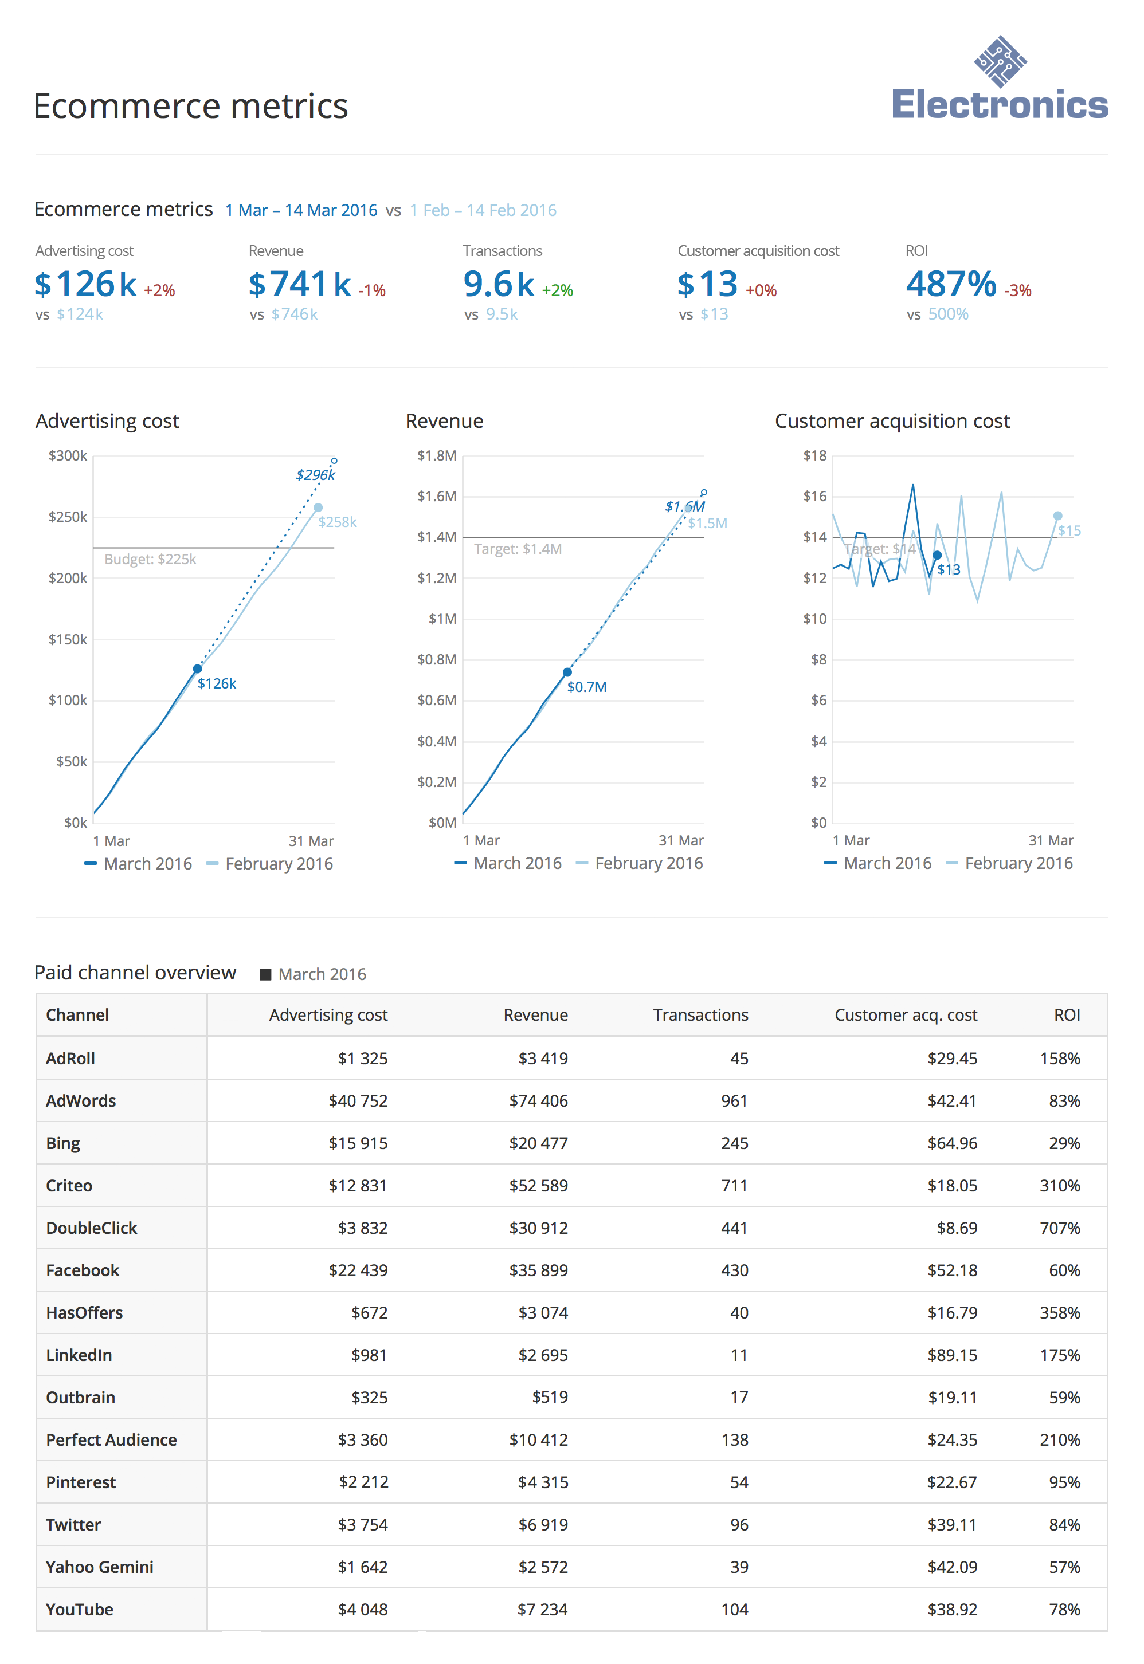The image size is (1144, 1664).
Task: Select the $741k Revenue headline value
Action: pos(300,284)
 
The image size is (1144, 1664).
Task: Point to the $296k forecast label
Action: pos(315,475)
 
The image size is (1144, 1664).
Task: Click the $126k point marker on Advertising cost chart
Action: pos(197,669)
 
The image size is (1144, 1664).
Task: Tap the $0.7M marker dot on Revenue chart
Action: pos(567,672)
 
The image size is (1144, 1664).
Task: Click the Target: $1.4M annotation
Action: pos(518,549)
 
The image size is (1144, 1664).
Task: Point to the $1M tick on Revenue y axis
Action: pos(442,619)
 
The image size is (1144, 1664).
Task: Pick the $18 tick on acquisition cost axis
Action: pos(814,455)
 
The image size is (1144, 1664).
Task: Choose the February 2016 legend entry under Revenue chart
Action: pos(648,864)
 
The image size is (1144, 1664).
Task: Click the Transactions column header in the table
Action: pos(700,1015)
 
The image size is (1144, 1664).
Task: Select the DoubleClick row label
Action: pos(91,1228)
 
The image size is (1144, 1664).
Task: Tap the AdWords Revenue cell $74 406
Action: pos(538,1101)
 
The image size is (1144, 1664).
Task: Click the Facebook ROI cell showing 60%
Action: pos(1064,1270)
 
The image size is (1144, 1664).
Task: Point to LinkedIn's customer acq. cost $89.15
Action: pos(952,1355)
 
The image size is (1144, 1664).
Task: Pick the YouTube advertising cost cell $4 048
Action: pos(362,1610)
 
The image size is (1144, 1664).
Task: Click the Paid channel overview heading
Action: pos(135,973)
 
